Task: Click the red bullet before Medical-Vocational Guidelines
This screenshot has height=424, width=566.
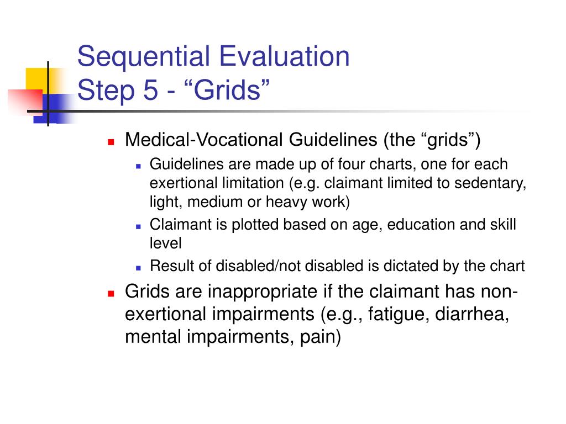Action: click(x=111, y=141)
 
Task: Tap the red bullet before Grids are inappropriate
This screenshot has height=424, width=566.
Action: click(x=111, y=293)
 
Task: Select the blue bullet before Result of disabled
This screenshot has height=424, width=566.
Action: click(x=138, y=267)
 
